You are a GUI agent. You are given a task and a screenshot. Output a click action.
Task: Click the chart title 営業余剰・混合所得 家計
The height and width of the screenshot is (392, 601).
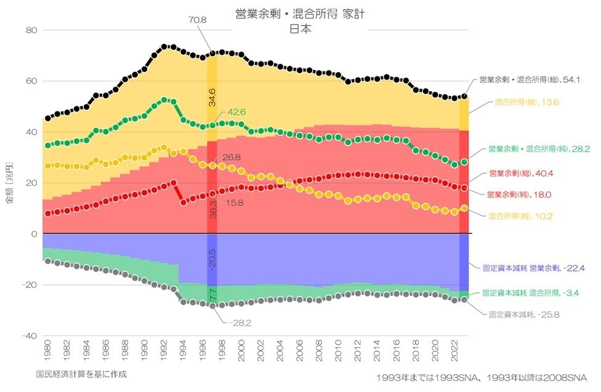(300, 14)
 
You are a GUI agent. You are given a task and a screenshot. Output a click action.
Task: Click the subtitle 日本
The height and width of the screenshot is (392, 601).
(300, 28)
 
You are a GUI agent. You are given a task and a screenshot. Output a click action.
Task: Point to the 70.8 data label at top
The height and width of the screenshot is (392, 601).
(198, 20)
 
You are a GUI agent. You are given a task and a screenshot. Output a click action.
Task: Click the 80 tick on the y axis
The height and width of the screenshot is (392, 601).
(31, 30)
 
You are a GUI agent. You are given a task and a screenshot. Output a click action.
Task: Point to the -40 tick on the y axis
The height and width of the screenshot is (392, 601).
(30, 335)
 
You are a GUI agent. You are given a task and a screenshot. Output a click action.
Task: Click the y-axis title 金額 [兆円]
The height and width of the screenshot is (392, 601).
(9, 183)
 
